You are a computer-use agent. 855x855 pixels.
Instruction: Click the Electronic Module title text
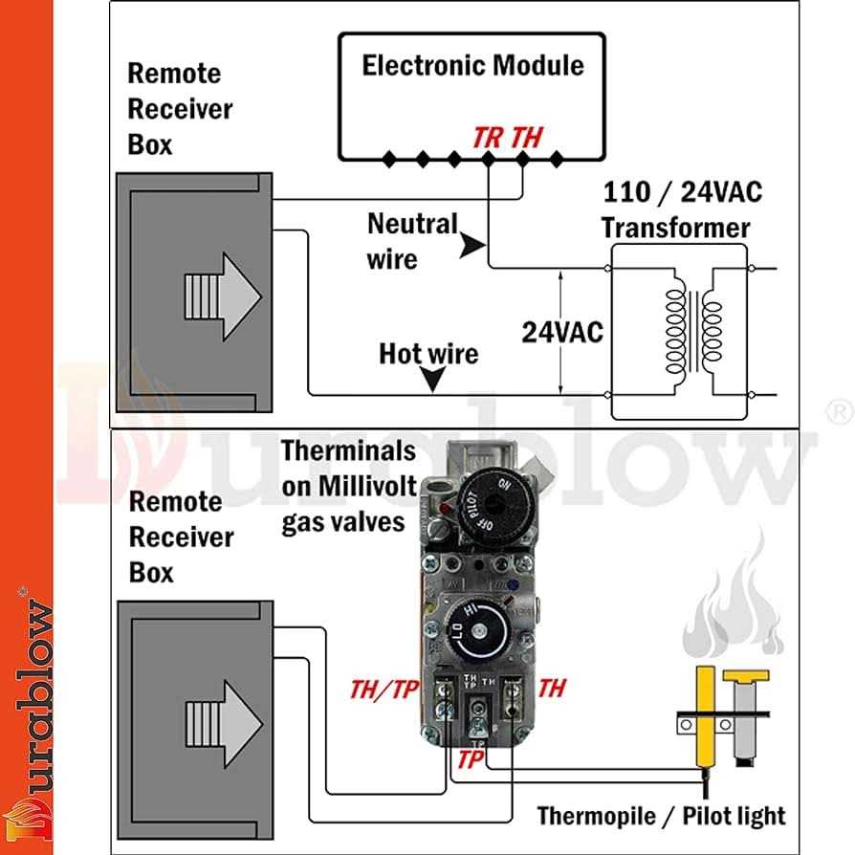point(472,66)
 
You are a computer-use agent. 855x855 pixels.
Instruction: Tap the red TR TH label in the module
point(507,137)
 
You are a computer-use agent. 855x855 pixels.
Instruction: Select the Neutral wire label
point(412,241)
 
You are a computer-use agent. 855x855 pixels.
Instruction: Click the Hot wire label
point(427,354)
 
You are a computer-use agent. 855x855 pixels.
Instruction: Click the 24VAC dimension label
point(562,332)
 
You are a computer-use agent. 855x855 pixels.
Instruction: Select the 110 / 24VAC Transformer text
point(682,209)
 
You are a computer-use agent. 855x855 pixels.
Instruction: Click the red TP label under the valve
point(470,758)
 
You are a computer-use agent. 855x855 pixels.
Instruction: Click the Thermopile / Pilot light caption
point(661,816)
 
